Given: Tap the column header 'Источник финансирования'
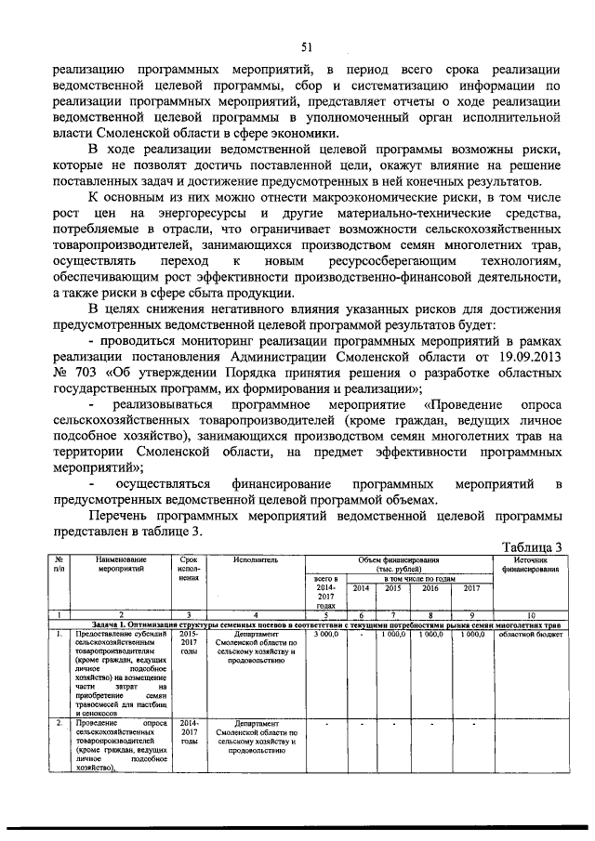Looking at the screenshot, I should tap(529, 565).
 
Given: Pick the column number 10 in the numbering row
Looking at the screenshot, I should tap(529, 614).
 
